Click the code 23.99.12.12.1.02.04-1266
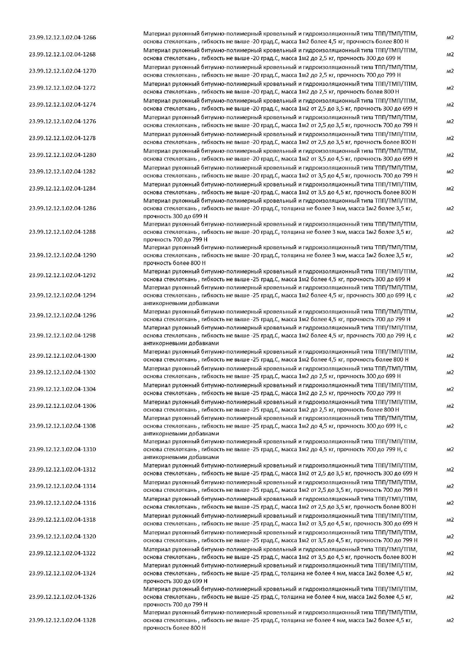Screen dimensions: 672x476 pos(62,37)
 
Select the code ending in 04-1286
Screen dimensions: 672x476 pos(62,208)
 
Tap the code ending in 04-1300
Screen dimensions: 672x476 pos(62,356)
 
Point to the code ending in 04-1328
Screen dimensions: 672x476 pos(62,620)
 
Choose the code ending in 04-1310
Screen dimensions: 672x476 pos(62,449)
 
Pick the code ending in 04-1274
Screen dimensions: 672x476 pos(62,105)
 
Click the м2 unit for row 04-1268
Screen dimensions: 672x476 pos(450,54)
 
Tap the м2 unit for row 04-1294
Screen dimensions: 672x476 pos(450,295)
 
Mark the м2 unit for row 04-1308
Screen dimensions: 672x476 pos(450,426)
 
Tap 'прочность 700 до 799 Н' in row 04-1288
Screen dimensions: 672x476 pos(175,240)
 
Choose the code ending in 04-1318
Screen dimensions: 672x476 pos(62,519)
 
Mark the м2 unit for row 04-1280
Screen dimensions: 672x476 pos(450,155)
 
